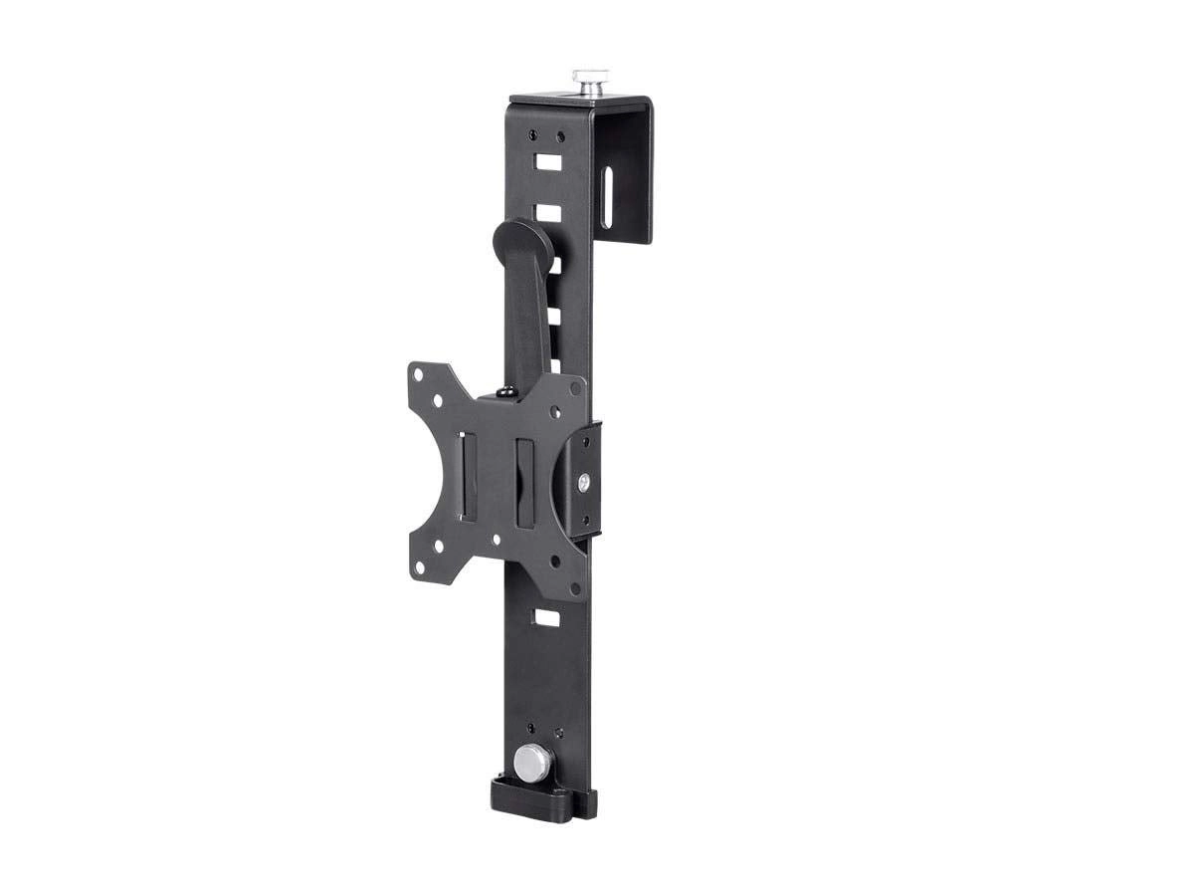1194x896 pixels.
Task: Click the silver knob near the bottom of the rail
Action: pos(531,763)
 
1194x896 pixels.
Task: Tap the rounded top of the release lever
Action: pos(518,239)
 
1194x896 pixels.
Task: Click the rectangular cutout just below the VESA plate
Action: pos(545,617)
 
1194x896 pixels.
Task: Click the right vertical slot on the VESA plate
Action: pos(523,468)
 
